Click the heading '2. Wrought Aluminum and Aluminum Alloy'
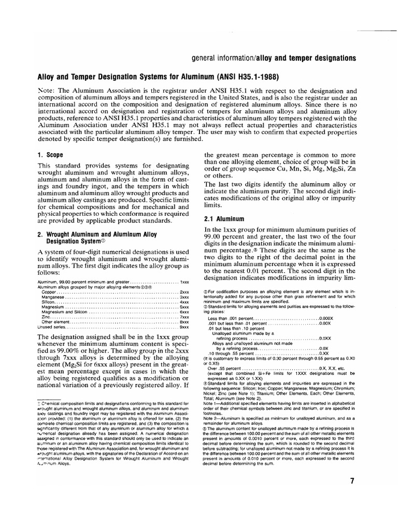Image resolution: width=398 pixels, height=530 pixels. point(103,233)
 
